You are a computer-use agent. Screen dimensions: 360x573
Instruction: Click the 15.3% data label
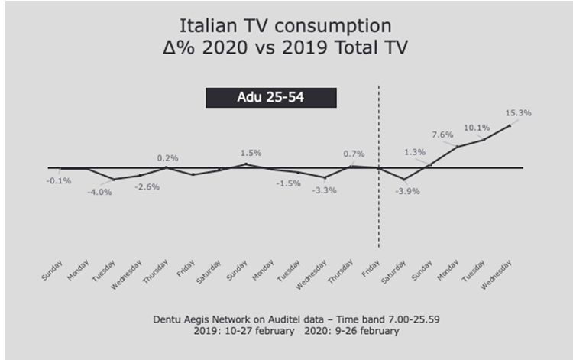coord(519,112)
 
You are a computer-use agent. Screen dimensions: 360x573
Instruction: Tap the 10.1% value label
coord(477,128)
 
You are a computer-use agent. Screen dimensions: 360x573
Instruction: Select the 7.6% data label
coord(443,135)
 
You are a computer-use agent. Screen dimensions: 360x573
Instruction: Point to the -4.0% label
coord(99,192)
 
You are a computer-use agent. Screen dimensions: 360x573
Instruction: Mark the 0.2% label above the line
coord(167,158)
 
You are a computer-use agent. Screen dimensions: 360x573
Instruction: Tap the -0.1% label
coord(59,180)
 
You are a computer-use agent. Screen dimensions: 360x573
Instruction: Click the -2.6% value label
coord(147,186)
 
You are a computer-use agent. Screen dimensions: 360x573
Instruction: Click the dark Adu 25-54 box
coord(270,98)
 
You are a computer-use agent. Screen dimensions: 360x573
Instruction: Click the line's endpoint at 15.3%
coord(510,125)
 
